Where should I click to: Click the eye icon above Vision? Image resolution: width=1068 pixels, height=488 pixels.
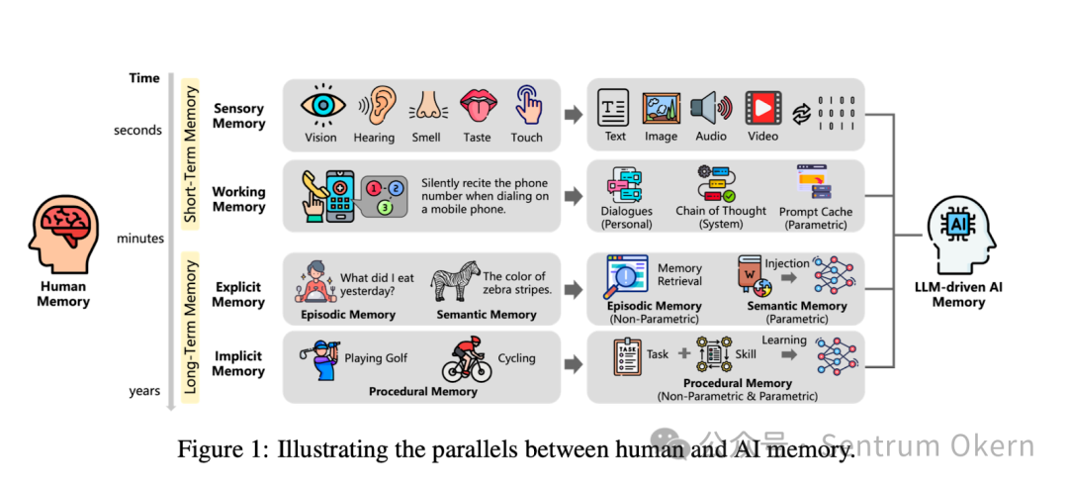click(320, 105)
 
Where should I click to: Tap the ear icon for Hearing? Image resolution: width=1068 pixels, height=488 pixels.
click(375, 105)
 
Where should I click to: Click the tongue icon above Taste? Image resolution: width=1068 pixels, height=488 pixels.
click(477, 105)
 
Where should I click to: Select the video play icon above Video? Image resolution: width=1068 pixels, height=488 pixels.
click(761, 106)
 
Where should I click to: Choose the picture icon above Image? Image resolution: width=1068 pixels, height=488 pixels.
click(661, 106)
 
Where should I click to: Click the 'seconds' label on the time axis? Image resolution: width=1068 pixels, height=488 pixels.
click(136, 131)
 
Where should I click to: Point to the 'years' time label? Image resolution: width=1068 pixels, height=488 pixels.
click(144, 391)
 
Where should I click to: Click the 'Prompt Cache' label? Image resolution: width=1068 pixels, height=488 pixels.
click(816, 212)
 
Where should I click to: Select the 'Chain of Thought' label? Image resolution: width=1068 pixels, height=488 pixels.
click(721, 211)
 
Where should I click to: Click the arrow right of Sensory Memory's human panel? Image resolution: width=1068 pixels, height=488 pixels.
click(573, 116)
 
